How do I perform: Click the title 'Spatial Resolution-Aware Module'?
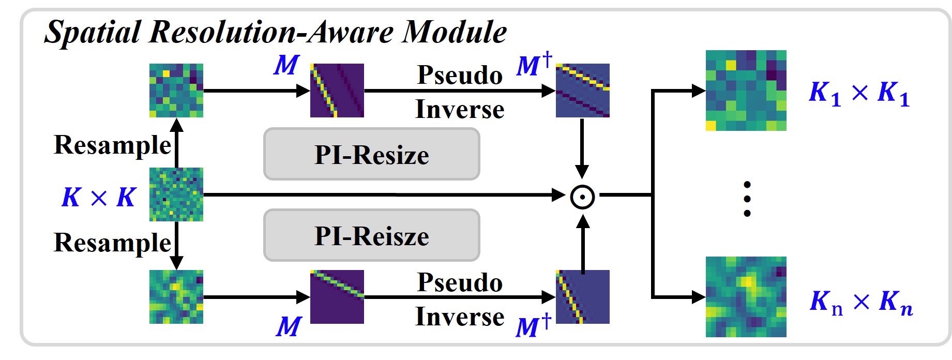point(275,32)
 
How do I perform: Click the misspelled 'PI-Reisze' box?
point(371,236)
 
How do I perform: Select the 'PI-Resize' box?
point(371,155)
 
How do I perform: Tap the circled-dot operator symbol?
point(582,197)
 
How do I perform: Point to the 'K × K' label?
point(98,197)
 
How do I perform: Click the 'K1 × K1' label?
point(859,93)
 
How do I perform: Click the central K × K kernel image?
point(176,194)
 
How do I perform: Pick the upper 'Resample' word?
point(112,145)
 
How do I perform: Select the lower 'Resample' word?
point(112,243)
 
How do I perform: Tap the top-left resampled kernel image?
point(176,91)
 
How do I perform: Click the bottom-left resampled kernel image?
point(176,297)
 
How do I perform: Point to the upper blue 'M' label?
point(286,65)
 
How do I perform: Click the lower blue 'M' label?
point(289,327)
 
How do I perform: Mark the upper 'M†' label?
point(534,65)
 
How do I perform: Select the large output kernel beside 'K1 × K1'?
point(746,91)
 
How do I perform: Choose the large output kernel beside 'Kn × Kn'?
point(746,297)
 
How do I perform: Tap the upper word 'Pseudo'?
point(460,75)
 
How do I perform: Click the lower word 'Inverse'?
point(460,317)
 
